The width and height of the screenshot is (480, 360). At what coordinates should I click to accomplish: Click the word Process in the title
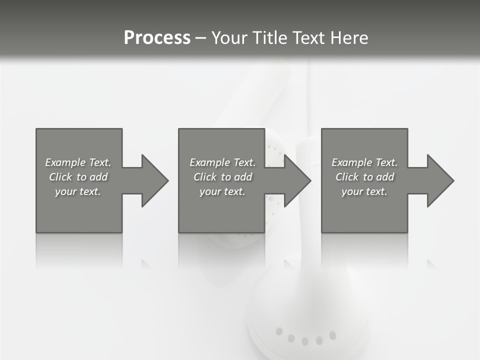(x=157, y=38)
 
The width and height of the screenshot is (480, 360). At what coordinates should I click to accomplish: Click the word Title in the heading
(x=270, y=38)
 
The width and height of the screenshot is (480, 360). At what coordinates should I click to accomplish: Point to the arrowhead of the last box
(x=440, y=180)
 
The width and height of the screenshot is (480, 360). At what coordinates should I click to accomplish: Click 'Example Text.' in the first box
(x=78, y=162)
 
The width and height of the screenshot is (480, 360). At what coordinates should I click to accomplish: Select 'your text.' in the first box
(x=78, y=191)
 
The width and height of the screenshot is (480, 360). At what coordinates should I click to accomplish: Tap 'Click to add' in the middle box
(x=222, y=177)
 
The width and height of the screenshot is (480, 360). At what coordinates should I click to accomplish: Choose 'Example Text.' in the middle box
(x=222, y=162)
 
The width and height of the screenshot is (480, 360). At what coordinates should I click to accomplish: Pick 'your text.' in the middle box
(x=222, y=191)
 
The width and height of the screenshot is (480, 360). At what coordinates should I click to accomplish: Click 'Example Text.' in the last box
(x=364, y=162)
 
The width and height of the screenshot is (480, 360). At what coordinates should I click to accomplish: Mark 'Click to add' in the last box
(x=364, y=177)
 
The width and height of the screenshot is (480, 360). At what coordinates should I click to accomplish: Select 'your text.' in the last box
(x=364, y=191)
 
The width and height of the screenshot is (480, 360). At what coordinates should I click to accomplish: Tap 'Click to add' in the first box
(x=78, y=177)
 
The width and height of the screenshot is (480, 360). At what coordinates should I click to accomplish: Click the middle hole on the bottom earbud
(x=305, y=341)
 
